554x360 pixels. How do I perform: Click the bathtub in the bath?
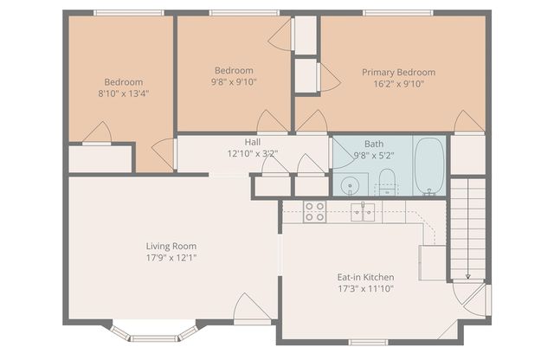[x=429, y=165]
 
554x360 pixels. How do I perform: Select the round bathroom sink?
[x=351, y=184]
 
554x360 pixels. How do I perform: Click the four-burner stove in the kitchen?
[x=314, y=211]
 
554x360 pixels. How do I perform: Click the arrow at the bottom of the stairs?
[x=467, y=275]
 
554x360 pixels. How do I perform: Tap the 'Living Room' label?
[x=171, y=246]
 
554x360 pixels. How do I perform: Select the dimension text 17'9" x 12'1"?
[x=171, y=258]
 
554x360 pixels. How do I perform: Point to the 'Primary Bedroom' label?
[x=398, y=72]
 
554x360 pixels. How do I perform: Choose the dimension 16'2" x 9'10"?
[x=398, y=85]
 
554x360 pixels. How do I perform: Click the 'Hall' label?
[x=252, y=142]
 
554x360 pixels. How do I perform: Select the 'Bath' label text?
[x=374, y=145]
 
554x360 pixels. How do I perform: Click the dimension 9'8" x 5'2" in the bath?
[x=374, y=157]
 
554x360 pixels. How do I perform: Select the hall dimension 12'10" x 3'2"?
[x=252, y=154]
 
